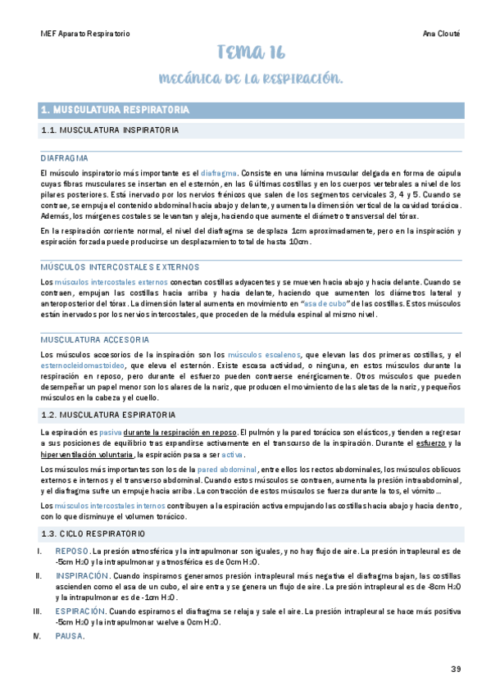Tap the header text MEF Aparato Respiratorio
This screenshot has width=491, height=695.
coord(84,34)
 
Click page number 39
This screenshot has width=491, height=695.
coord(456,669)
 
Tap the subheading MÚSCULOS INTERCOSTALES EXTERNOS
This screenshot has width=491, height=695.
coord(118,266)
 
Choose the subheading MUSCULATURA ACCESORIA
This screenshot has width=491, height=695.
coord(95,338)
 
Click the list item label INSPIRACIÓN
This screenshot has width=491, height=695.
coord(82,576)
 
